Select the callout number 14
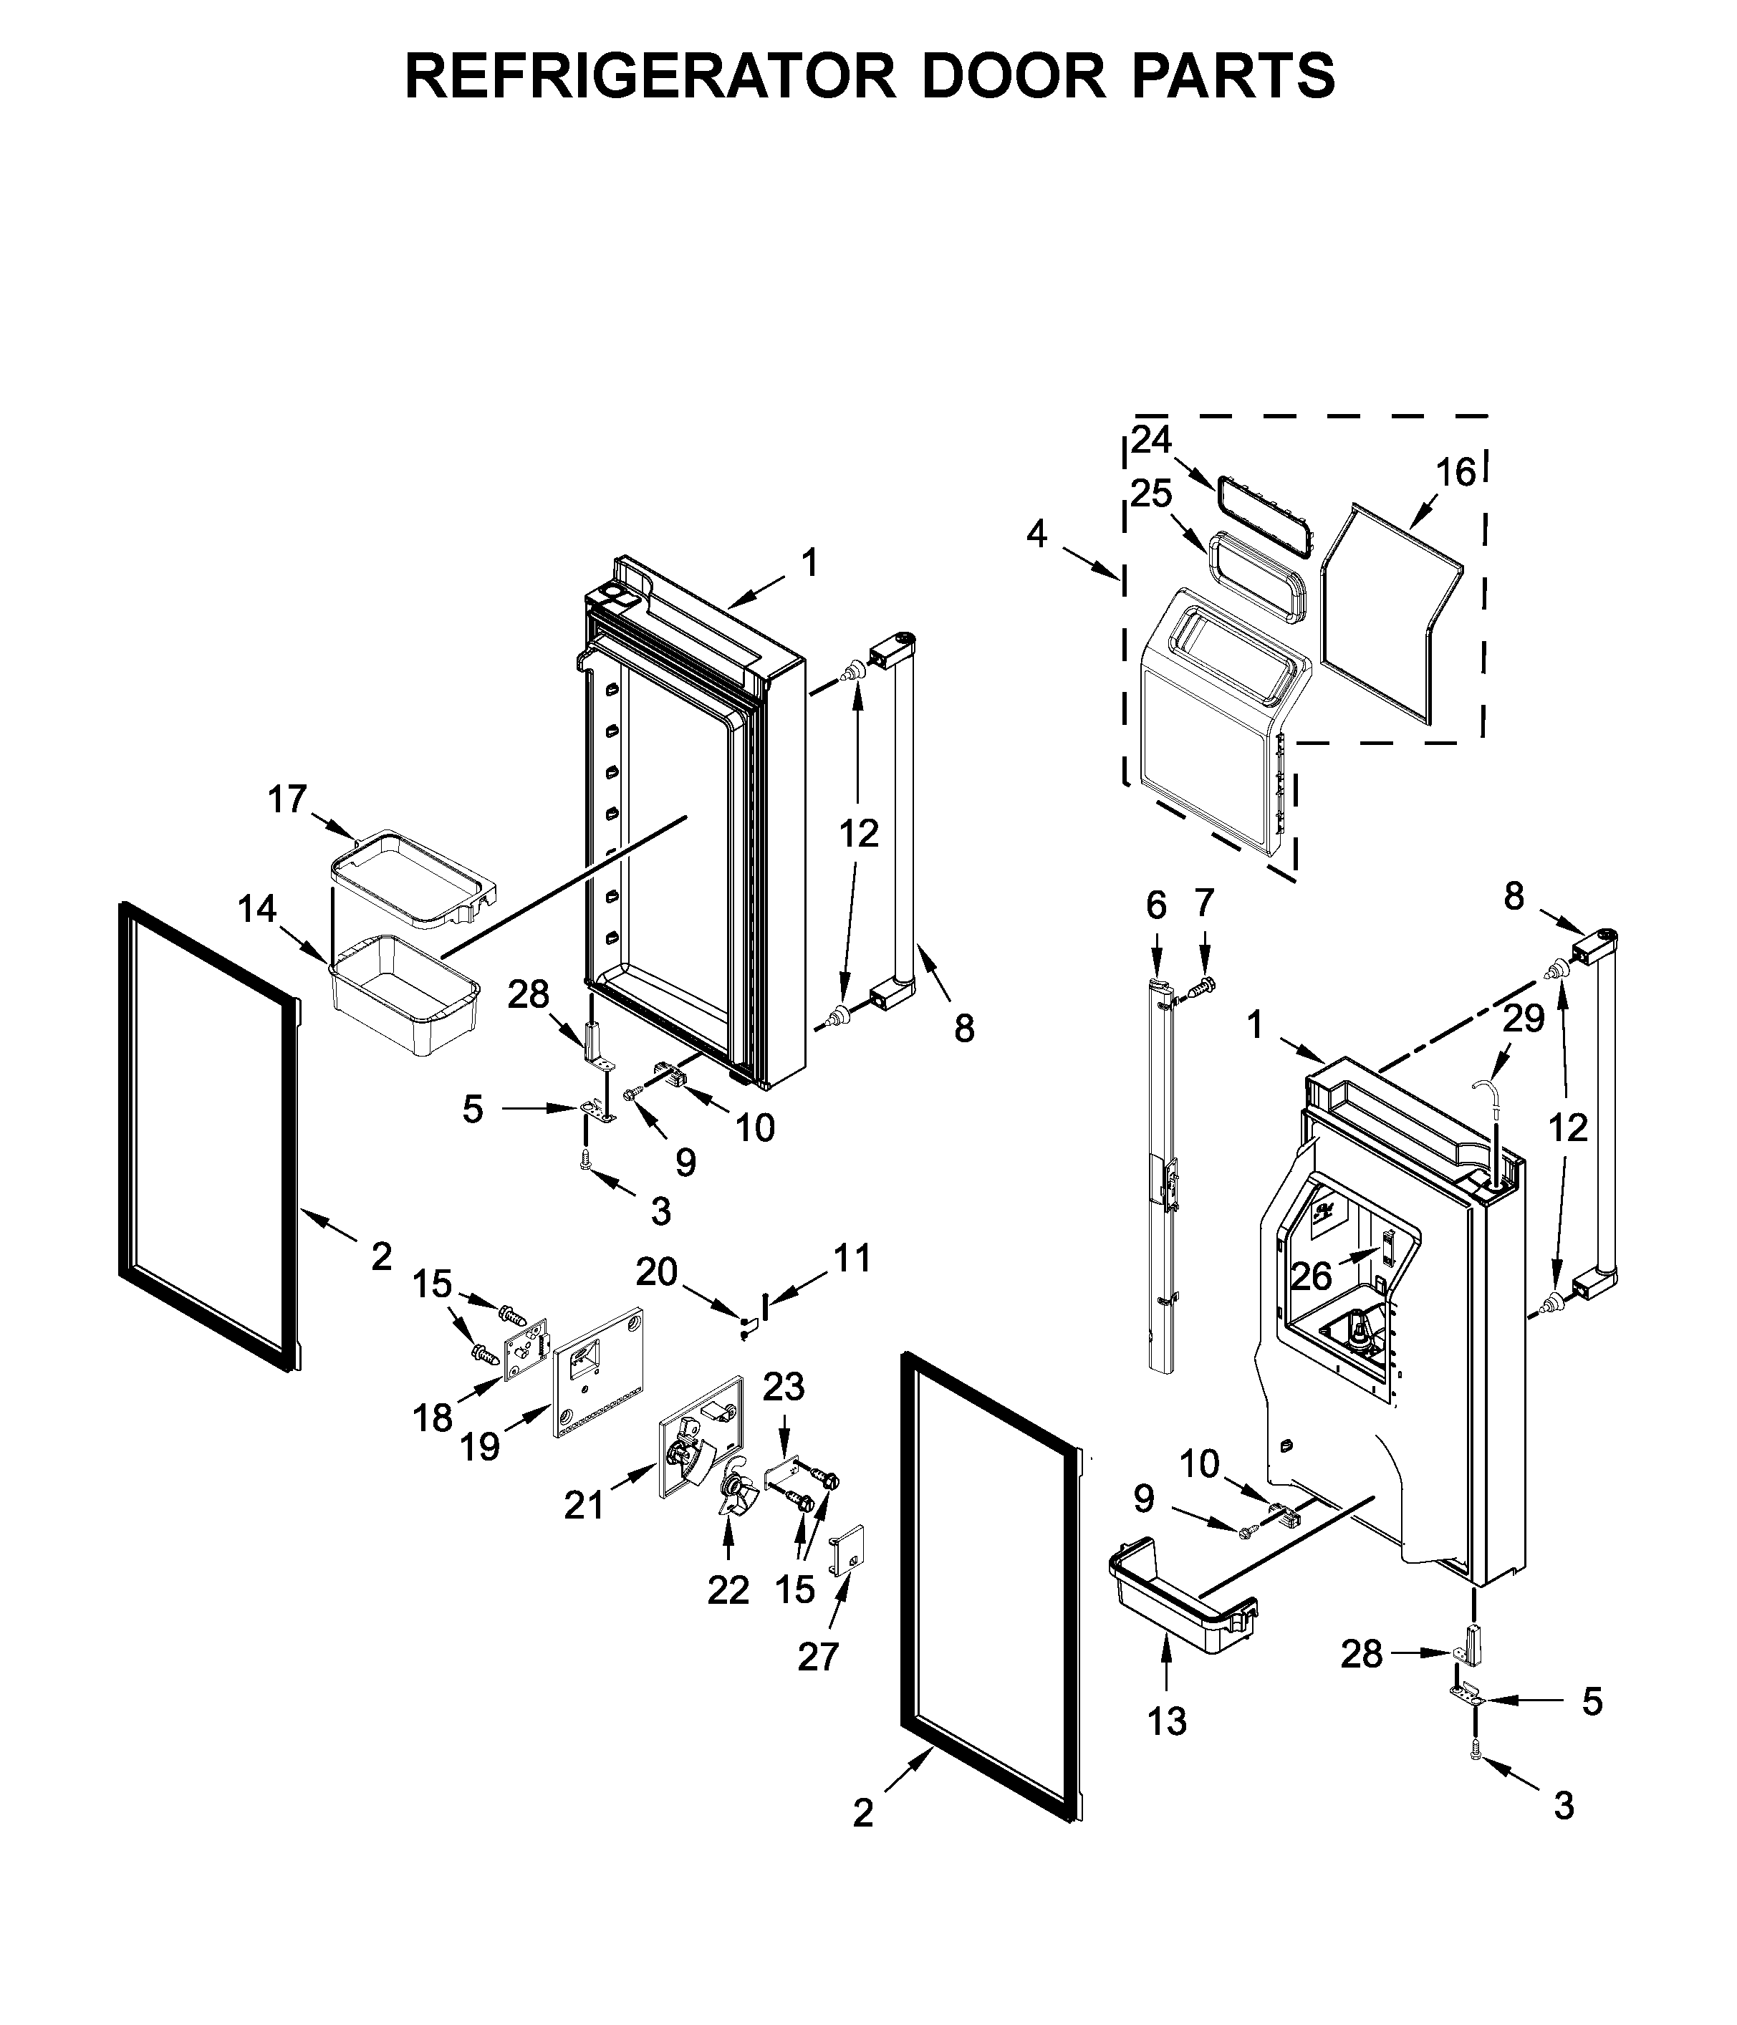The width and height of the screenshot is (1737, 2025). [257, 910]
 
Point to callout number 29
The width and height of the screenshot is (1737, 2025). [1523, 1019]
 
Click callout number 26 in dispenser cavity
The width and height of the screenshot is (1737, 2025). [1311, 1276]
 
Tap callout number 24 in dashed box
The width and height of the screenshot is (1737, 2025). [1152, 440]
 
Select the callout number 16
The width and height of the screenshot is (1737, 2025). [1455, 473]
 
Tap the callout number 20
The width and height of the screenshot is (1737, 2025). [657, 1271]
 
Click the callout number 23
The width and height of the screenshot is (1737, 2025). [783, 1387]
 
